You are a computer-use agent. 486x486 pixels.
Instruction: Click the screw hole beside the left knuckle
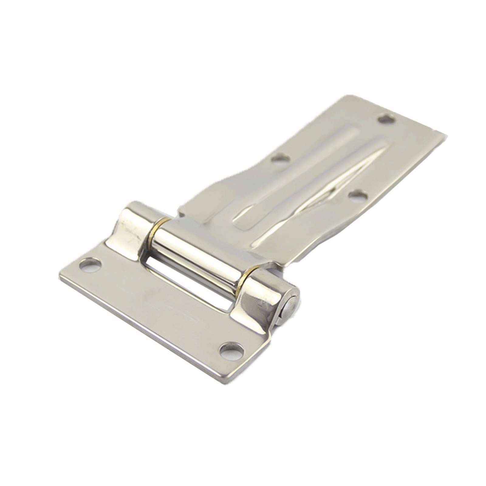click(91, 265)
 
